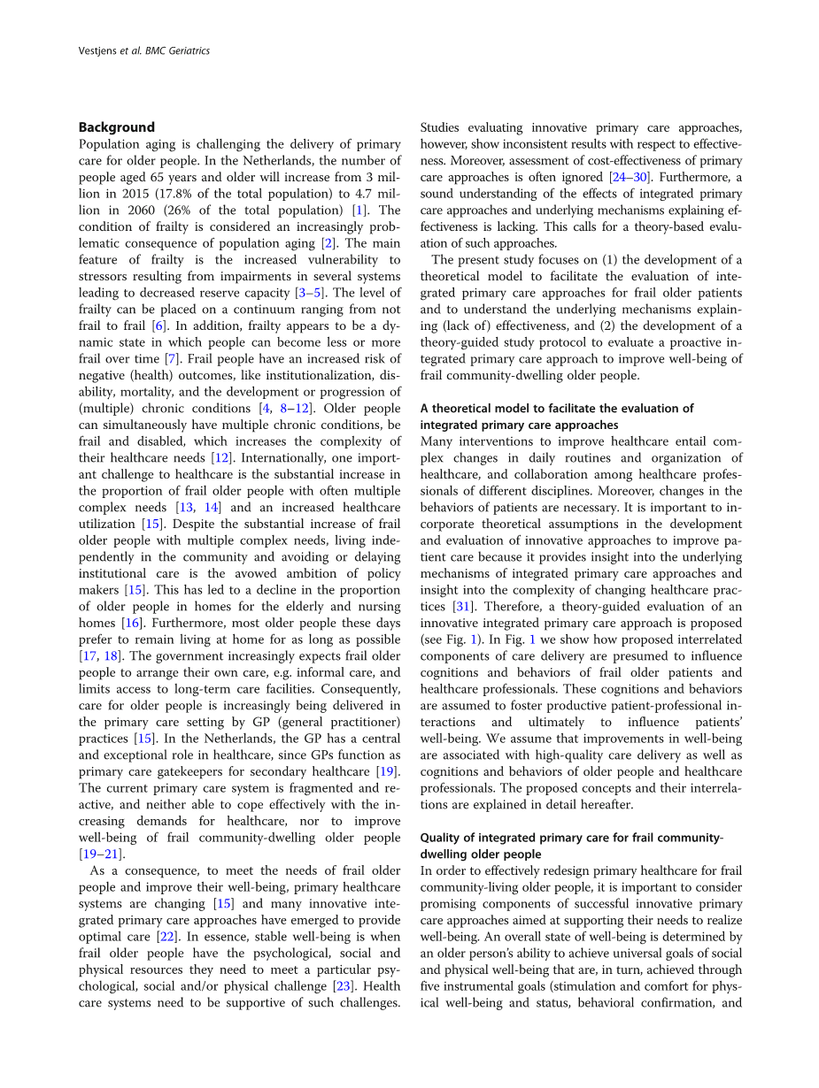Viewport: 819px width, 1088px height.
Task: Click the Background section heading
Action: point(116,127)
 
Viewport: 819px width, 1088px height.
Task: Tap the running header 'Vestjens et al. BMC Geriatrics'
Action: point(144,51)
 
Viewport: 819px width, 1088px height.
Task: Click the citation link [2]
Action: point(328,243)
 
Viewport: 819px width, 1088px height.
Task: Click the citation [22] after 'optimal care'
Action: point(165,937)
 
